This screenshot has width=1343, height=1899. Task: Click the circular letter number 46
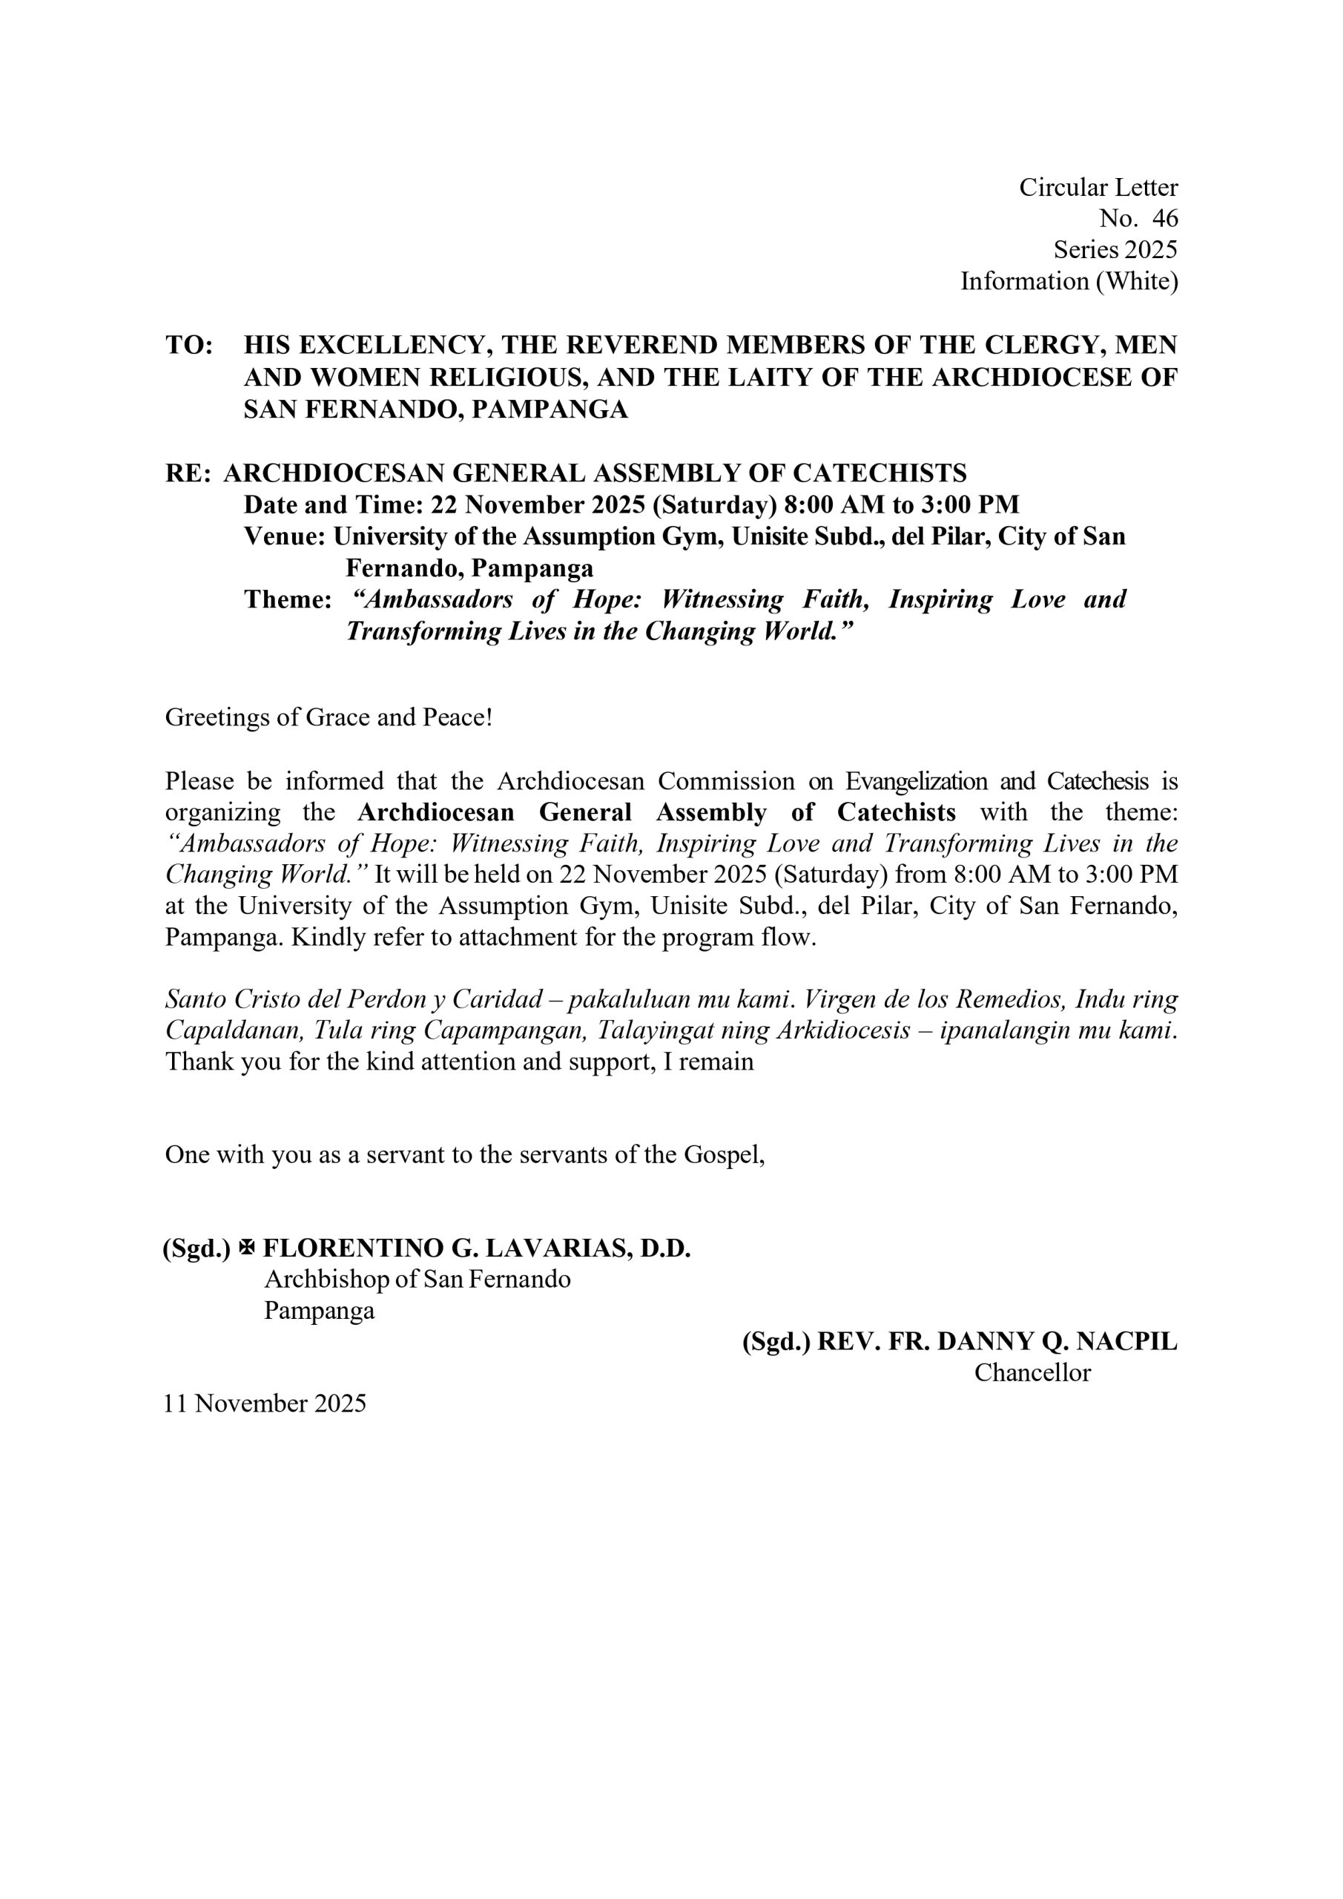(x=1164, y=219)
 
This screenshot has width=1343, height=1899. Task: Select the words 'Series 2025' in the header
(x=1115, y=250)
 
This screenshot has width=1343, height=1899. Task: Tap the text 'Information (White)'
(x=1069, y=282)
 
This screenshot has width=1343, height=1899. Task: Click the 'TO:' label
(x=189, y=345)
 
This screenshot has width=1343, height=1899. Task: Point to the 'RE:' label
(x=188, y=473)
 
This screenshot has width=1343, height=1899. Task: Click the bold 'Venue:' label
(x=286, y=537)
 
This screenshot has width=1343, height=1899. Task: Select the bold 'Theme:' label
(x=288, y=599)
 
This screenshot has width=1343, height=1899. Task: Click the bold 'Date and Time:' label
(x=332, y=504)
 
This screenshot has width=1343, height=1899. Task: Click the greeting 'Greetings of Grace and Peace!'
(x=329, y=717)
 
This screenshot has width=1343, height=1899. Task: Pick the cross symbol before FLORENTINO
(x=246, y=1248)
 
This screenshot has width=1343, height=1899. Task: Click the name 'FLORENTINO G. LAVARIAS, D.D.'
(x=476, y=1248)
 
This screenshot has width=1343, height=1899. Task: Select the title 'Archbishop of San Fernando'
(x=417, y=1280)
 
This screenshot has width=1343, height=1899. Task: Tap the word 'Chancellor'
(x=1032, y=1373)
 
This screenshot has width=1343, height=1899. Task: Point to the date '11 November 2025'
(x=265, y=1403)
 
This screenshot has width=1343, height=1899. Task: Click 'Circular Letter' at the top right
(x=1098, y=188)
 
